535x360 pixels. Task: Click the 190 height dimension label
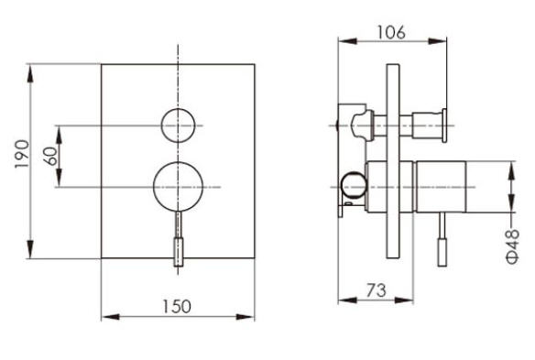[22, 154]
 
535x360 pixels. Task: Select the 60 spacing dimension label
[50, 156]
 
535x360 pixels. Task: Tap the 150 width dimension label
[177, 307]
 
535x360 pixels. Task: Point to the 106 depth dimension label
[391, 32]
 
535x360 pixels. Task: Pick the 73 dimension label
[377, 290]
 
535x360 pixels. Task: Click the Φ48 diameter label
[513, 246]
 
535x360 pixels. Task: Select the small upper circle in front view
[178, 125]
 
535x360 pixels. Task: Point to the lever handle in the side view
[442, 239]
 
